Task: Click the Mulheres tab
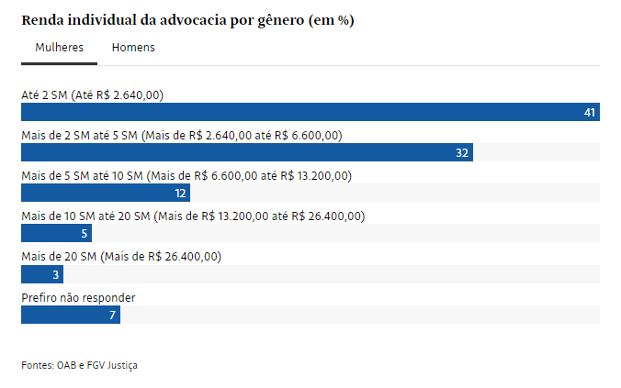coord(59,48)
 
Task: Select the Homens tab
coord(133,48)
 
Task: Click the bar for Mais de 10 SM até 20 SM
coord(56,233)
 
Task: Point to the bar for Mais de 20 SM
coord(41,274)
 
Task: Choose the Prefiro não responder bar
coord(70,315)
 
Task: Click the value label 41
coord(590,112)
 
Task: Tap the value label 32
coord(462,152)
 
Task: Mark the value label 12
coord(180,193)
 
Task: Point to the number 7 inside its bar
coord(112,315)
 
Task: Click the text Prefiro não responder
coord(78,298)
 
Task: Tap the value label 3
coord(55,274)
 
